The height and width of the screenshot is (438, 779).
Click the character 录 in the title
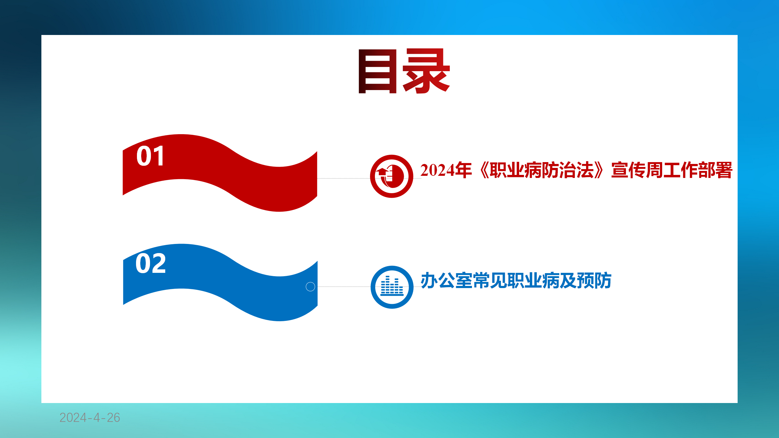click(426, 71)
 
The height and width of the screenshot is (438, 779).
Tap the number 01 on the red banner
click(150, 156)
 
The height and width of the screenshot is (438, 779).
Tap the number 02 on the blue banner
click(151, 263)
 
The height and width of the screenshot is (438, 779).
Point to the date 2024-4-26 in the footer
click(90, 418)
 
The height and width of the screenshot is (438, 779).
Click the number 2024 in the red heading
click(437, 170)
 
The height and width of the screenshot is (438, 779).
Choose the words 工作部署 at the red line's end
click(698, 170)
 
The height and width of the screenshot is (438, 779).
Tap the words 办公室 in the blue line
click(447, 280)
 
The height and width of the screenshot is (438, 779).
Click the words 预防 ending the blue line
click(594, 280)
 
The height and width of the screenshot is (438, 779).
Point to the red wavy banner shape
click(220, 173)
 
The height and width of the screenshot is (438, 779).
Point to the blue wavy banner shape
click(220, 282)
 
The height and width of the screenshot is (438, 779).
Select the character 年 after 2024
click(463, 170)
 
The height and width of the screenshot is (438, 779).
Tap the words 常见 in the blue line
click(490, 280)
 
